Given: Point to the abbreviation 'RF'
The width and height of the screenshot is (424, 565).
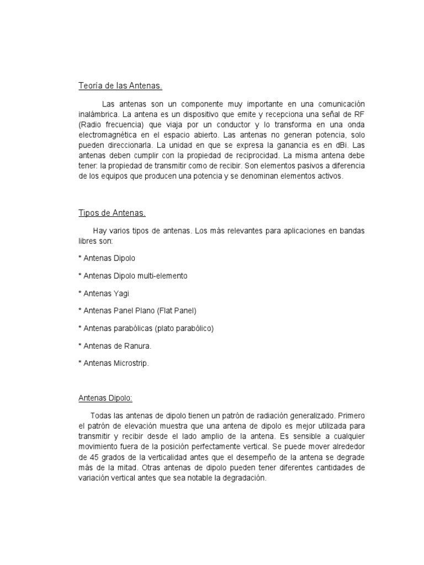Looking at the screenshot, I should pos(344,114).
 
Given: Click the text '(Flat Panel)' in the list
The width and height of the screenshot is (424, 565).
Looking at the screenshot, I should pos(177,311).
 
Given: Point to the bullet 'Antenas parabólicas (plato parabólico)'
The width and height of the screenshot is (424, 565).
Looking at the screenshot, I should pos(146,328).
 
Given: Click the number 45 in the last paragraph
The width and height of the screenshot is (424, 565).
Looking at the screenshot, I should pos(84,458).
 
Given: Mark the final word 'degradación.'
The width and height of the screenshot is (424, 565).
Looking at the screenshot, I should pos(243,478).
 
